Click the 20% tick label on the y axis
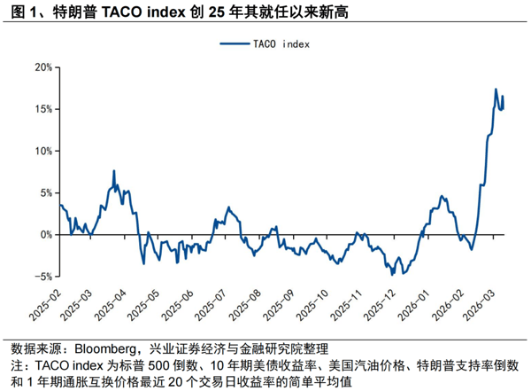(x=41, y=67)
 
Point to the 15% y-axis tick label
(x=41, y=109)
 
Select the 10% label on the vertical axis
(x=41, y=151)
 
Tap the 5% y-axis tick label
(x=43, y=192)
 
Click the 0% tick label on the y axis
(x=43, y=234)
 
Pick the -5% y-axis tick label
(x=41, y=276)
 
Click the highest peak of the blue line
(x=496, y=90)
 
